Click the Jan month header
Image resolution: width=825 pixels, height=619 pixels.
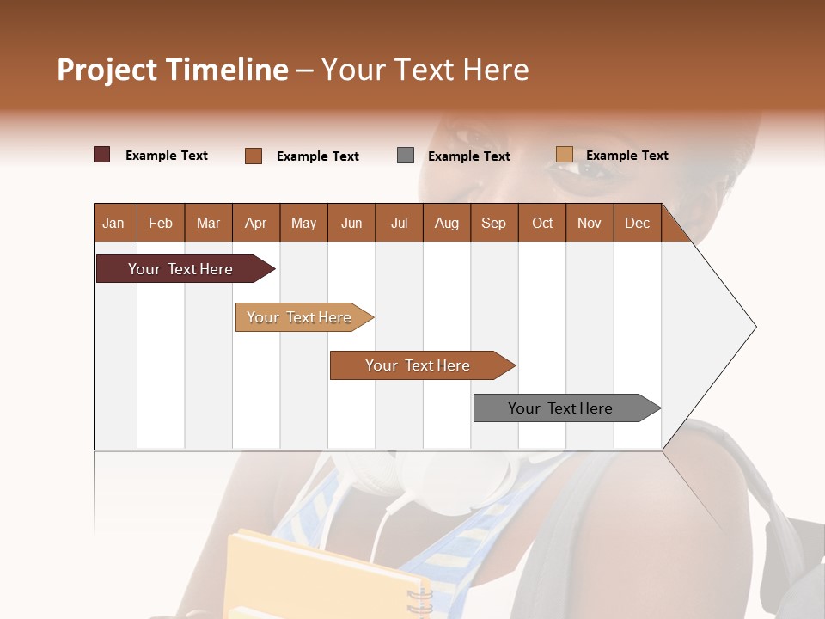[113, 224]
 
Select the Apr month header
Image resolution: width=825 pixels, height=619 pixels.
[255, 224]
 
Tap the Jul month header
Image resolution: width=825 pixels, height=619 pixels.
[399, 224]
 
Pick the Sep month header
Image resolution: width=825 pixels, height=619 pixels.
[493, 224]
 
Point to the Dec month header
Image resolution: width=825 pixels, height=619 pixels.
[637, 224]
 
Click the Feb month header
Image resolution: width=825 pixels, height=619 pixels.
[161, 224]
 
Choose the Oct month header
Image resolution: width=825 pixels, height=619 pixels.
[542, 224]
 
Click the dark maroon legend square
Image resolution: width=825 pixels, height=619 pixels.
[102, 155]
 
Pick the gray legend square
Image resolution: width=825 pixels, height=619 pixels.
[406, 156]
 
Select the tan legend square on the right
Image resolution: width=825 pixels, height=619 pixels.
[565, 155]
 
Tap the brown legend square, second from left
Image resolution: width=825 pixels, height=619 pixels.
[254, 156]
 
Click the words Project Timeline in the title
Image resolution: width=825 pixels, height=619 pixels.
[172, 70]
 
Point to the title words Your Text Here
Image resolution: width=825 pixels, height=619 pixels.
[425, 70]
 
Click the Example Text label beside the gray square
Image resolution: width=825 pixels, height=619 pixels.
[469, 156]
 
